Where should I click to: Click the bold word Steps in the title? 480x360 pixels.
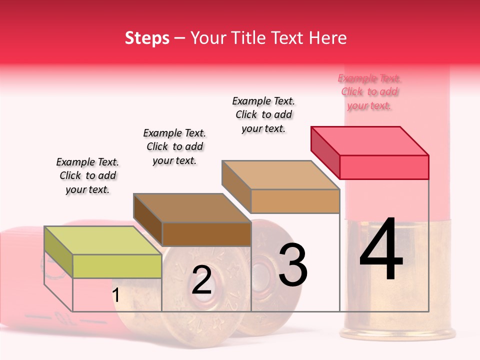pos(147,38)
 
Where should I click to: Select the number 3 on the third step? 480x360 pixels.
pos(292,265)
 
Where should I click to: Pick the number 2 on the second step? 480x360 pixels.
pos(201,280)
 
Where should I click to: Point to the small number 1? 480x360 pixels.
pos(115,295)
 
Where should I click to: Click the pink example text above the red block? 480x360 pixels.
pos(369,92)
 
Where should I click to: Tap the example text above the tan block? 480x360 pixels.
pos(263,114)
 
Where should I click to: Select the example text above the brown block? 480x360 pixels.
pos(174,146)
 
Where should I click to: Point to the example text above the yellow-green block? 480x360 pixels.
pos(87,175)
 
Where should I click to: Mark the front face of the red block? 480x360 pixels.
pos(384,167)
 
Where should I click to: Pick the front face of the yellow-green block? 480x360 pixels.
pos(117,266)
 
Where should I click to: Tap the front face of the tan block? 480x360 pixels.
pos(295,201)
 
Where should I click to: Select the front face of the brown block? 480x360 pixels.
pos(206,234)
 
